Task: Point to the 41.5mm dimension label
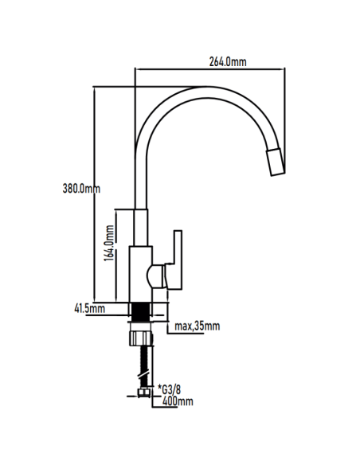(90, 308)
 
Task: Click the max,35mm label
(196, 326)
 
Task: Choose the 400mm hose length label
(177, 402)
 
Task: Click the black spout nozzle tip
(275, 162)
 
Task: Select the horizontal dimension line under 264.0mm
(210, 71)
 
